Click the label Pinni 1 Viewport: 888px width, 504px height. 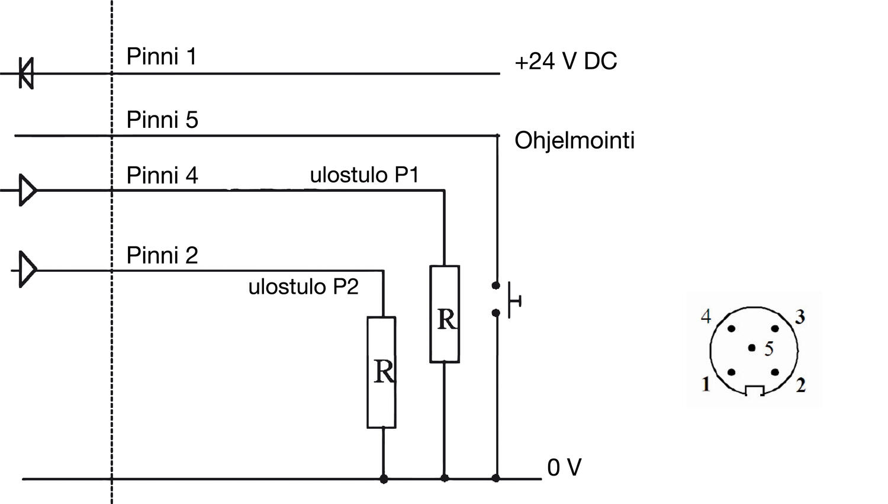pos(161,57)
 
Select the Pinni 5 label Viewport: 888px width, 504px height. pos(162,120)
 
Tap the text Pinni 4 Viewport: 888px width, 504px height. pos(162,176)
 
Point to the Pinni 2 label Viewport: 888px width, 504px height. pos(162,256)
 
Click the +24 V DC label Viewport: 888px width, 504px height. pos(565,62)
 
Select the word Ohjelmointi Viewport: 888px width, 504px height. pos(574,141)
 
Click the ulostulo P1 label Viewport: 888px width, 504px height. pos(364,175)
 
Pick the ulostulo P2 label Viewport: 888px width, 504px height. pos(303,287)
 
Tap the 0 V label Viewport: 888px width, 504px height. pos(564,468)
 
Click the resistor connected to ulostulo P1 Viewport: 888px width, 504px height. pos(445,314)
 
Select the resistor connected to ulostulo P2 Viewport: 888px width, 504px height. pos(382,372)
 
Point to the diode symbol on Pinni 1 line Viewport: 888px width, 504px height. pos(26,73)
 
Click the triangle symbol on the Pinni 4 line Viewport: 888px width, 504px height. pos(27,190)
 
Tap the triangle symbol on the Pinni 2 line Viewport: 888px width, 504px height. pos(27,270)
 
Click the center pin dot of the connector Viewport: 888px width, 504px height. pos(752,348)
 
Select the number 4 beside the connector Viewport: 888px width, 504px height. pos(706,317)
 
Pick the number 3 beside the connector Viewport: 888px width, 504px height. pos(800,317)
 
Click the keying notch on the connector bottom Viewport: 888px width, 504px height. pos(754,390)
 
